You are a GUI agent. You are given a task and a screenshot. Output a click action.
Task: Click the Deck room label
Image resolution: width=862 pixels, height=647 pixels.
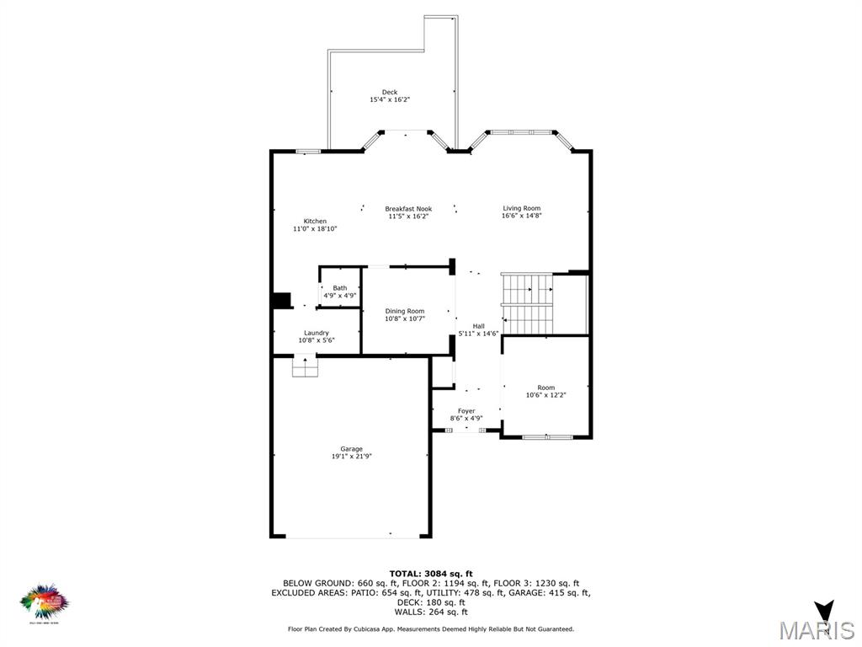click(x=390, y=93)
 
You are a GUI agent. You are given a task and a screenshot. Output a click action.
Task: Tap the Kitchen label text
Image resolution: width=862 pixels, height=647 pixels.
click(x=315, y=222)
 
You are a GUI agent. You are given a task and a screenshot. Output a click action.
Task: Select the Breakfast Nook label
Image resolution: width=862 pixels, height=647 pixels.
click(x=408, y=209)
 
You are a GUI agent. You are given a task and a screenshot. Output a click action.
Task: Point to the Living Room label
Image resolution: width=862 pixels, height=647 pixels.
click(x=522, y=208)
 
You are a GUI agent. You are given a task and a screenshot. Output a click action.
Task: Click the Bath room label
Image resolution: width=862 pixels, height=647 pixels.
click(x=339, y=288)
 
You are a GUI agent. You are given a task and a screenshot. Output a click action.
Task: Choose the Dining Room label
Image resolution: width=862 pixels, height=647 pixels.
click(x=405, y=311)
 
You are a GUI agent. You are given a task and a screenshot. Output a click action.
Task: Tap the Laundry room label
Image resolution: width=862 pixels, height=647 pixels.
click(x=317, y=333)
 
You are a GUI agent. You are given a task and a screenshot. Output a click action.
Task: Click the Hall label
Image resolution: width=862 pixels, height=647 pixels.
click(x=478, y=326)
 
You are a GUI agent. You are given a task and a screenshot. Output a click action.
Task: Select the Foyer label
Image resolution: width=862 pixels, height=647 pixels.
click(x=466, y=411)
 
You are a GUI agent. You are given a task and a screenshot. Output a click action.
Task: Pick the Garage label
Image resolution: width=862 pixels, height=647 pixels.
click(x=351, y=449)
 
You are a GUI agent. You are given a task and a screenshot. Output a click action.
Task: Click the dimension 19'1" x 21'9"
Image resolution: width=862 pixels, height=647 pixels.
click(x=351, y=457)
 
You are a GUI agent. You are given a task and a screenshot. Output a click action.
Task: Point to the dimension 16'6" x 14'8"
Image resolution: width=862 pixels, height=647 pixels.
click(x=522, y=216)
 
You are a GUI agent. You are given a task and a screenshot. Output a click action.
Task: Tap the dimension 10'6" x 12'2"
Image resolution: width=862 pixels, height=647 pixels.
click(x=546, y=395)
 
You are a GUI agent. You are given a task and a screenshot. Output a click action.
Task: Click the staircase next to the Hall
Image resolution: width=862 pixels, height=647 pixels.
click(x=526, y=303)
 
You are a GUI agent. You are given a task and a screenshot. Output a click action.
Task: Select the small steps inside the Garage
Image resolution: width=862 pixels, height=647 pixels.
click(x=305, y=367)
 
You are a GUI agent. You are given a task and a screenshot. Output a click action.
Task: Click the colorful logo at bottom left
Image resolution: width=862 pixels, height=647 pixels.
click(x=45, y=602)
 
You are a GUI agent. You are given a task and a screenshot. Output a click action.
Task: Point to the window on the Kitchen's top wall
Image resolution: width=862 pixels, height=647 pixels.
click(x=308, y=152)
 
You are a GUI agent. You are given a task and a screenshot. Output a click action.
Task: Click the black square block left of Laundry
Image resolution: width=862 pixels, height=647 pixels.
click(x=281, y=302)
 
